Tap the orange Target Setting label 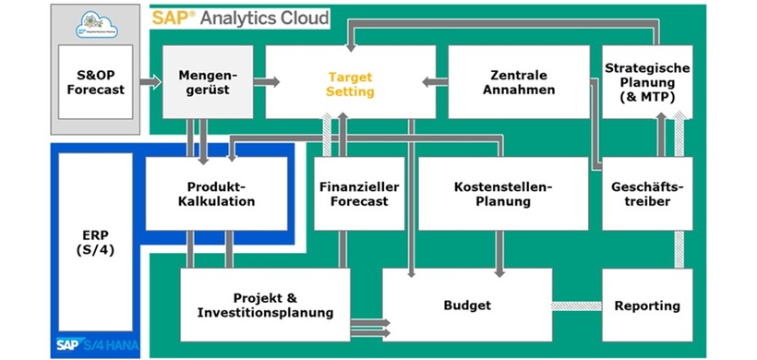point(350,82)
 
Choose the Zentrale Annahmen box point(519,82)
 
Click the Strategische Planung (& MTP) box point(647,82)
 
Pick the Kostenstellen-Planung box point(503,193)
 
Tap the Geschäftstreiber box point(647,193)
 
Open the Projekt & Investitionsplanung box point(265,305)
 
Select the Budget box point(467,305)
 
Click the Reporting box point(647,305)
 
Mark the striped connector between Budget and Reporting point(577,306)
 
